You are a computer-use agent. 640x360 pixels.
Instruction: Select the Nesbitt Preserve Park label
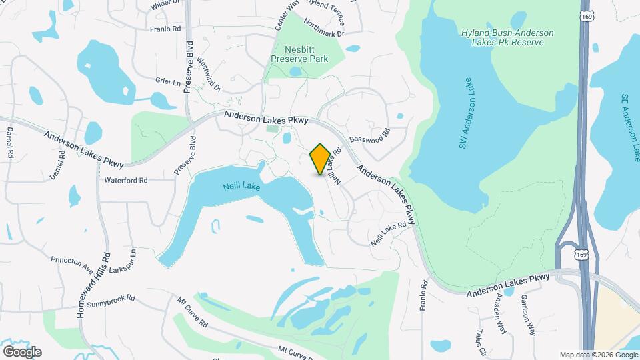tap(299, 54)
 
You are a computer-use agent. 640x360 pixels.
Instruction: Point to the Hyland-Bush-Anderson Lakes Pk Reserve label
tap(503, 37)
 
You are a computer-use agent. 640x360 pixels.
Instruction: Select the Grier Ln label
tap(168, 82)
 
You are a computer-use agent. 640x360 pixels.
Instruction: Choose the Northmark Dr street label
tap(323, 27)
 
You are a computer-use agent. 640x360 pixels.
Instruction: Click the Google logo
tap(22, 351)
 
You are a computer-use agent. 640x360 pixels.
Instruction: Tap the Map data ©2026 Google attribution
tap(598, 355)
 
